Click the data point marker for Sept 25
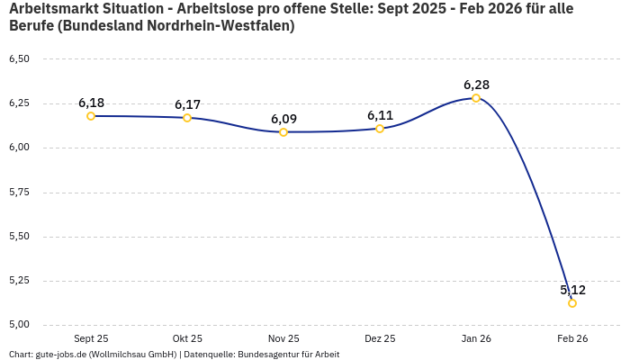(x=91, y=116)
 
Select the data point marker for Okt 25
(x=187, y=118)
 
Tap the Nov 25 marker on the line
(x=283, y=132)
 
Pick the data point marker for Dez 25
(x=380, y=129)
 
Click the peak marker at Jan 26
(x=476, y=98)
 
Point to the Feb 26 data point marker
(x=572, y=303)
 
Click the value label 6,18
(x=91, y=103)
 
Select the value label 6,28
(x=476, y=85)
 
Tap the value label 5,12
(x=572, y=290)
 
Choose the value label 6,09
(x=283, y=119)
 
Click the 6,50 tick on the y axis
(x=19, y=59)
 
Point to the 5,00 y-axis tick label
(x=19, y=325)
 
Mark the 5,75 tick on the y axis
(x=19, y=193)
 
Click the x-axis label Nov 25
(x=283, y=338)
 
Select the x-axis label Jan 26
(x=476, y=338)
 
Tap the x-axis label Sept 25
(x=91, y=338)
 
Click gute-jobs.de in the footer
(x=62, y=354)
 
